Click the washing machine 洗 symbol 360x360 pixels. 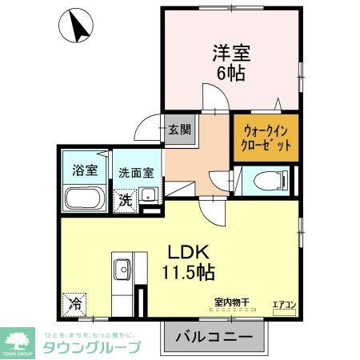(126, 200)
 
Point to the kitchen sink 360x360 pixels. (122, 268)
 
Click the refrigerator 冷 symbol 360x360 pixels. (74, 305)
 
